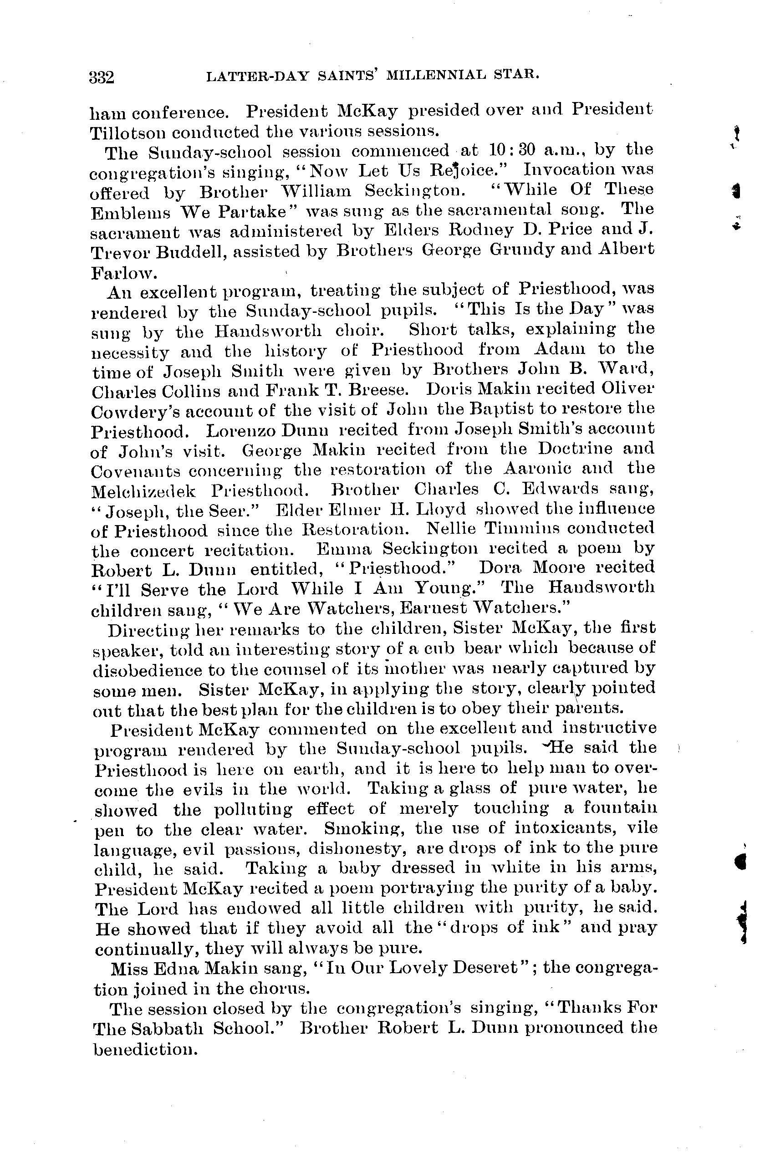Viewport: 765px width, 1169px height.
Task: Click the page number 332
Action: pos(102,77)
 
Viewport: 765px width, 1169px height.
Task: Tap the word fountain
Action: pos(620,808)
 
